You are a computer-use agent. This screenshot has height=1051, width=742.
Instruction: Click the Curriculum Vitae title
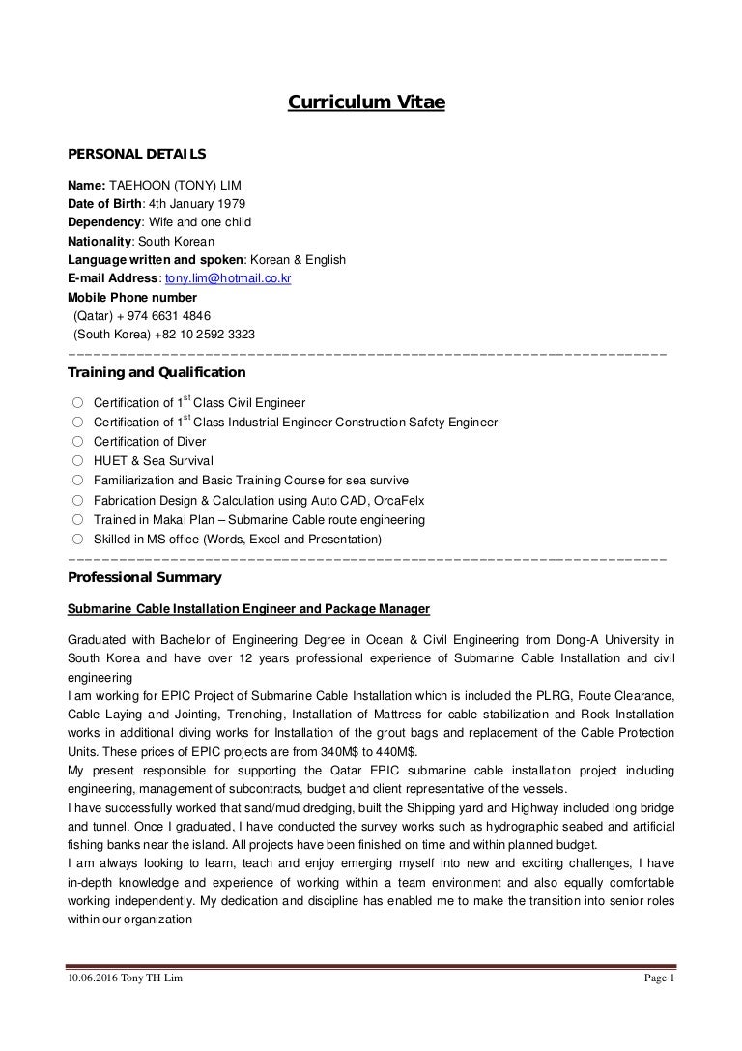367,102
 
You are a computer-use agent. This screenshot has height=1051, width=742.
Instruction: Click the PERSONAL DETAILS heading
135,153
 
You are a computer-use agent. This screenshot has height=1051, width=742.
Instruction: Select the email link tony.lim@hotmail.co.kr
229,278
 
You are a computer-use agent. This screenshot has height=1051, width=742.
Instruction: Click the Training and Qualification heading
157,372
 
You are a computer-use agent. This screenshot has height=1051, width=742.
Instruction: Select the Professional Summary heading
145,578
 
